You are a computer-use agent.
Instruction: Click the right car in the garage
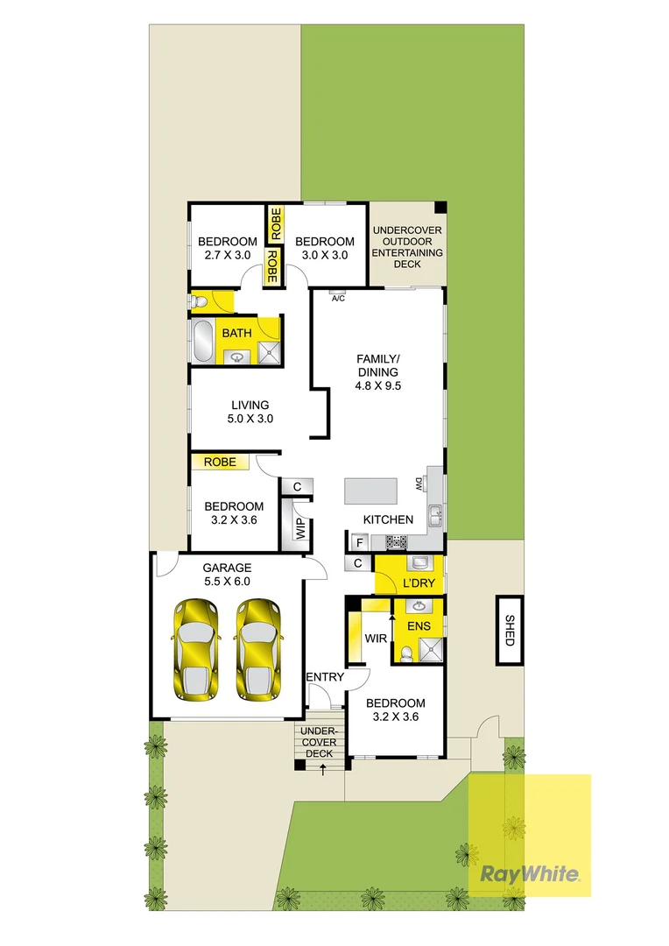click(x=257, y=649)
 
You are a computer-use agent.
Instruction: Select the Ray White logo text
click(x=530, y=873)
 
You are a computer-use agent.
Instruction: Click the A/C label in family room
click(x=339, y=299)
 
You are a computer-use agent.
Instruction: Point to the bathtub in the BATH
click(x=202, y=340)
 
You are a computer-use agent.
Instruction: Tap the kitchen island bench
click(x=379, y=491)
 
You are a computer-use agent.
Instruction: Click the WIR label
click(x=375, y=639)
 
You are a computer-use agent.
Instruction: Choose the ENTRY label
click(x=324, y=677)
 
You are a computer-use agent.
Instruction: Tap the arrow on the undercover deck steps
click(x=323, y=770)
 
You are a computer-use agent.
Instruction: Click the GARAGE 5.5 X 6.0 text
click(x=228, y=575)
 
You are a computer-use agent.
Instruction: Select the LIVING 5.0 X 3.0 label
click(x=250, y=412)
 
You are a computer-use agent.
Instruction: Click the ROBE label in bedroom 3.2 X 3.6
click(x=219, y=462)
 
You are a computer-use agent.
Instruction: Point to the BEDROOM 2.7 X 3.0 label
click(x=227, y=248)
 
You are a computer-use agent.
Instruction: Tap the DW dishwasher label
click(x=419, y=484)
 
